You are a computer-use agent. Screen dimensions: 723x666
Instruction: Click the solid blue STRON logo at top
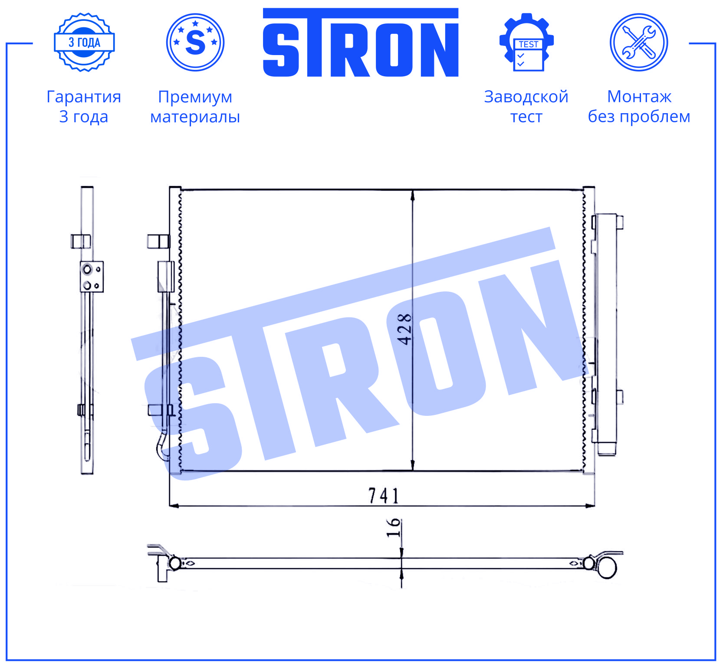[x=361, y=42]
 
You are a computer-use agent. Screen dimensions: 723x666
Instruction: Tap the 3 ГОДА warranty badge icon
[x=84, y=42]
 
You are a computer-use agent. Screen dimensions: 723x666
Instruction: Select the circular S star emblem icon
[x=195, y=42]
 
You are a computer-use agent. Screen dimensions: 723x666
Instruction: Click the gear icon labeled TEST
[x=526, y=42]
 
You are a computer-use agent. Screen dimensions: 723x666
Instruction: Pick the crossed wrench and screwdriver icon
[x=639, y=42]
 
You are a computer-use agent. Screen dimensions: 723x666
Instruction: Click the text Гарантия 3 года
[x=84, y=107]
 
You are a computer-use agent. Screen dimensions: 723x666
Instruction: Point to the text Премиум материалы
[x=195, y=107]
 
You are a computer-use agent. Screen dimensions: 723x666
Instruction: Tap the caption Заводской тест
[x=526, y=107]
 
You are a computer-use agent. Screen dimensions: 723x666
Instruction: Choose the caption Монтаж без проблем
[x=639, y=107]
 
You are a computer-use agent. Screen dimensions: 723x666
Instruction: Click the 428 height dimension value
[x=405, y=330]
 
